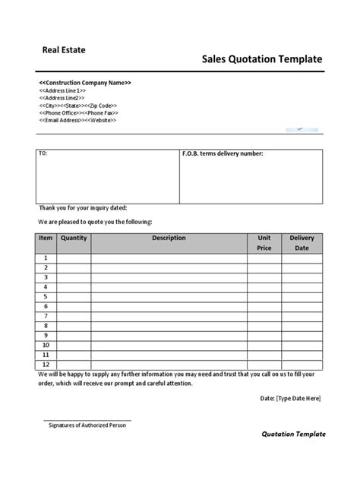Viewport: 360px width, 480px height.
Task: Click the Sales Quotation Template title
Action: pyautogui.click(x=262, y=60)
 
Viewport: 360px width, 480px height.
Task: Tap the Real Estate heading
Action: pyautogui.click(x=64, y=50)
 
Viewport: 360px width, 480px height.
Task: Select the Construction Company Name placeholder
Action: pyautogui.click(x=85, y=82)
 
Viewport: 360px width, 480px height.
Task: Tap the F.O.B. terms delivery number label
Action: pyautogui.click(x=223, y=154)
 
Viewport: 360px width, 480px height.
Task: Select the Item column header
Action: pyautogui.click(x=45, y=238)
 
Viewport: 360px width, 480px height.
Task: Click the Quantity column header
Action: pyautogui.click(x=74, y=238)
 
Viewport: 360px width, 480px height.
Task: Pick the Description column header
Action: pyautogui.click(x=169, y=238)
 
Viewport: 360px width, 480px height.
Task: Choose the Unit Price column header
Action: pyautogui.click(x=264, y=243)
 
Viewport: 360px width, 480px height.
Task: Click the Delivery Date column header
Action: pyautogui.click(x=302, y=243)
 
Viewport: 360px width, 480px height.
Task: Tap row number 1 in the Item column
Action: pyautogui.click(x=45, y=258)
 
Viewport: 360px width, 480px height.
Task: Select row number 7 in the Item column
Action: pyautogui.click(x=45, y=315)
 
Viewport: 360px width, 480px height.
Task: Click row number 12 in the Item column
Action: pyautogui.click(x=45, y=364)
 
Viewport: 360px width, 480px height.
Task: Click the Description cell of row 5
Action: pyautogui.click(x=169, y=296)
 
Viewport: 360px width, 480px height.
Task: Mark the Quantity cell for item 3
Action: pyautogui.click(x=74, y=277)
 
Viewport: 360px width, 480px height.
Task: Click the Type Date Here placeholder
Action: pyautogui.click(x=299, y=398)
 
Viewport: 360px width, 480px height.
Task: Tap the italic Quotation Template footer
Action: pyautogui.click(x=293, y=434)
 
